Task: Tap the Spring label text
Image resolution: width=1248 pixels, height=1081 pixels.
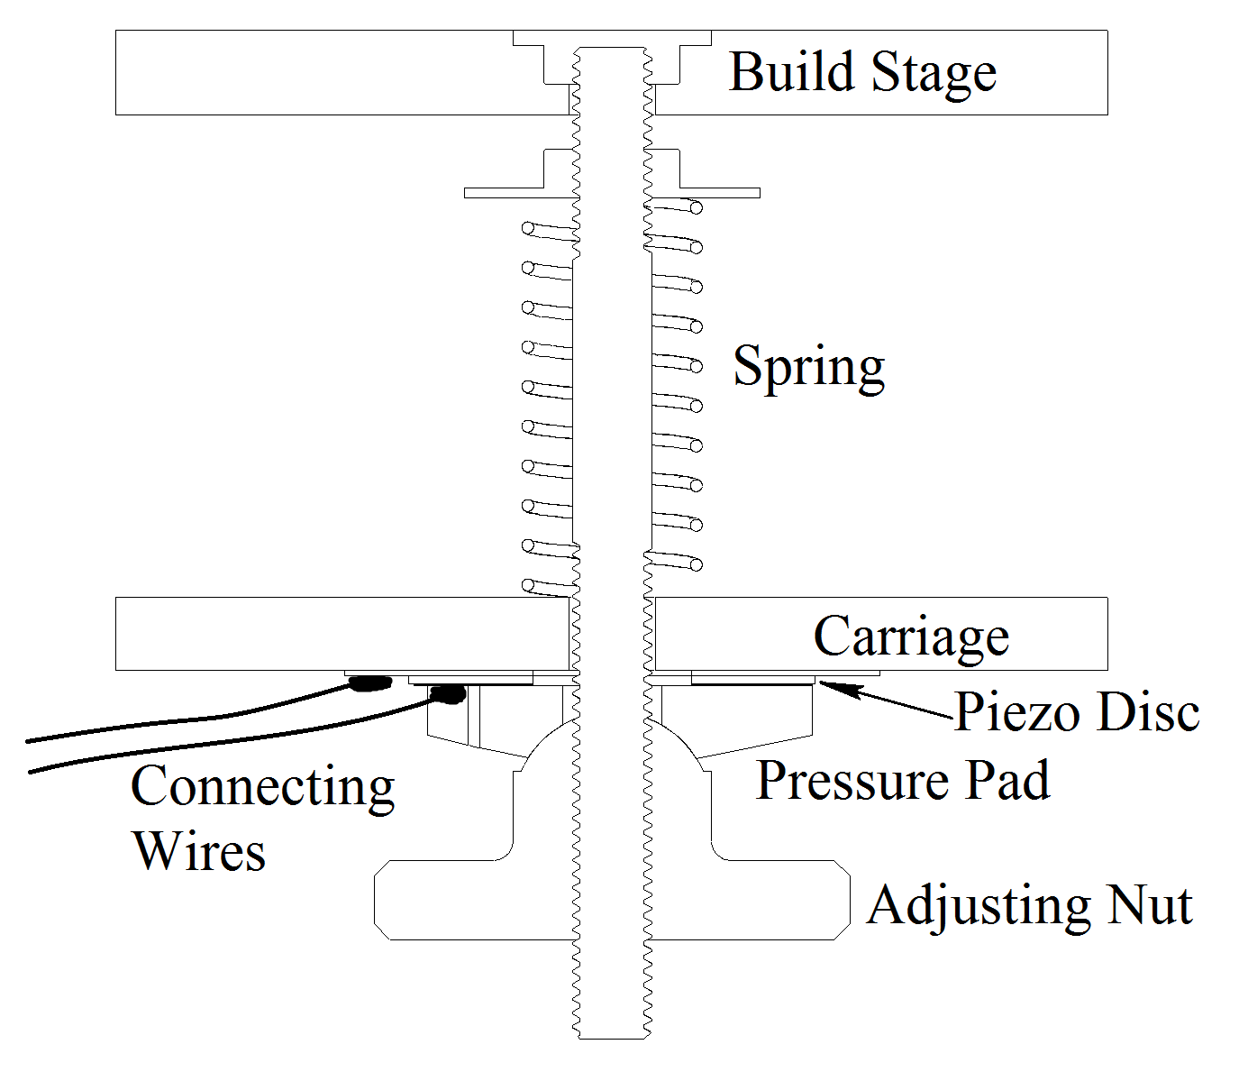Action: tap(808, 367)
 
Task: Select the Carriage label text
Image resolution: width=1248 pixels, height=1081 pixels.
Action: tap(911, 637)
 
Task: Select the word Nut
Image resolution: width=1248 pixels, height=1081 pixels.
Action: tap(1150, 905)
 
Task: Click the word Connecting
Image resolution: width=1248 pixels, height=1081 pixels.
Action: tap(262, 787)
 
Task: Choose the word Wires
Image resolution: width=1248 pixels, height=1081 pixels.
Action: tap(199, 850)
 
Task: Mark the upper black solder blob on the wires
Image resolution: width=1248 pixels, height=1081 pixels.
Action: tap(369, 683)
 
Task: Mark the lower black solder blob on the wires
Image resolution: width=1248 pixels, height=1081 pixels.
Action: tap(448, 693)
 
